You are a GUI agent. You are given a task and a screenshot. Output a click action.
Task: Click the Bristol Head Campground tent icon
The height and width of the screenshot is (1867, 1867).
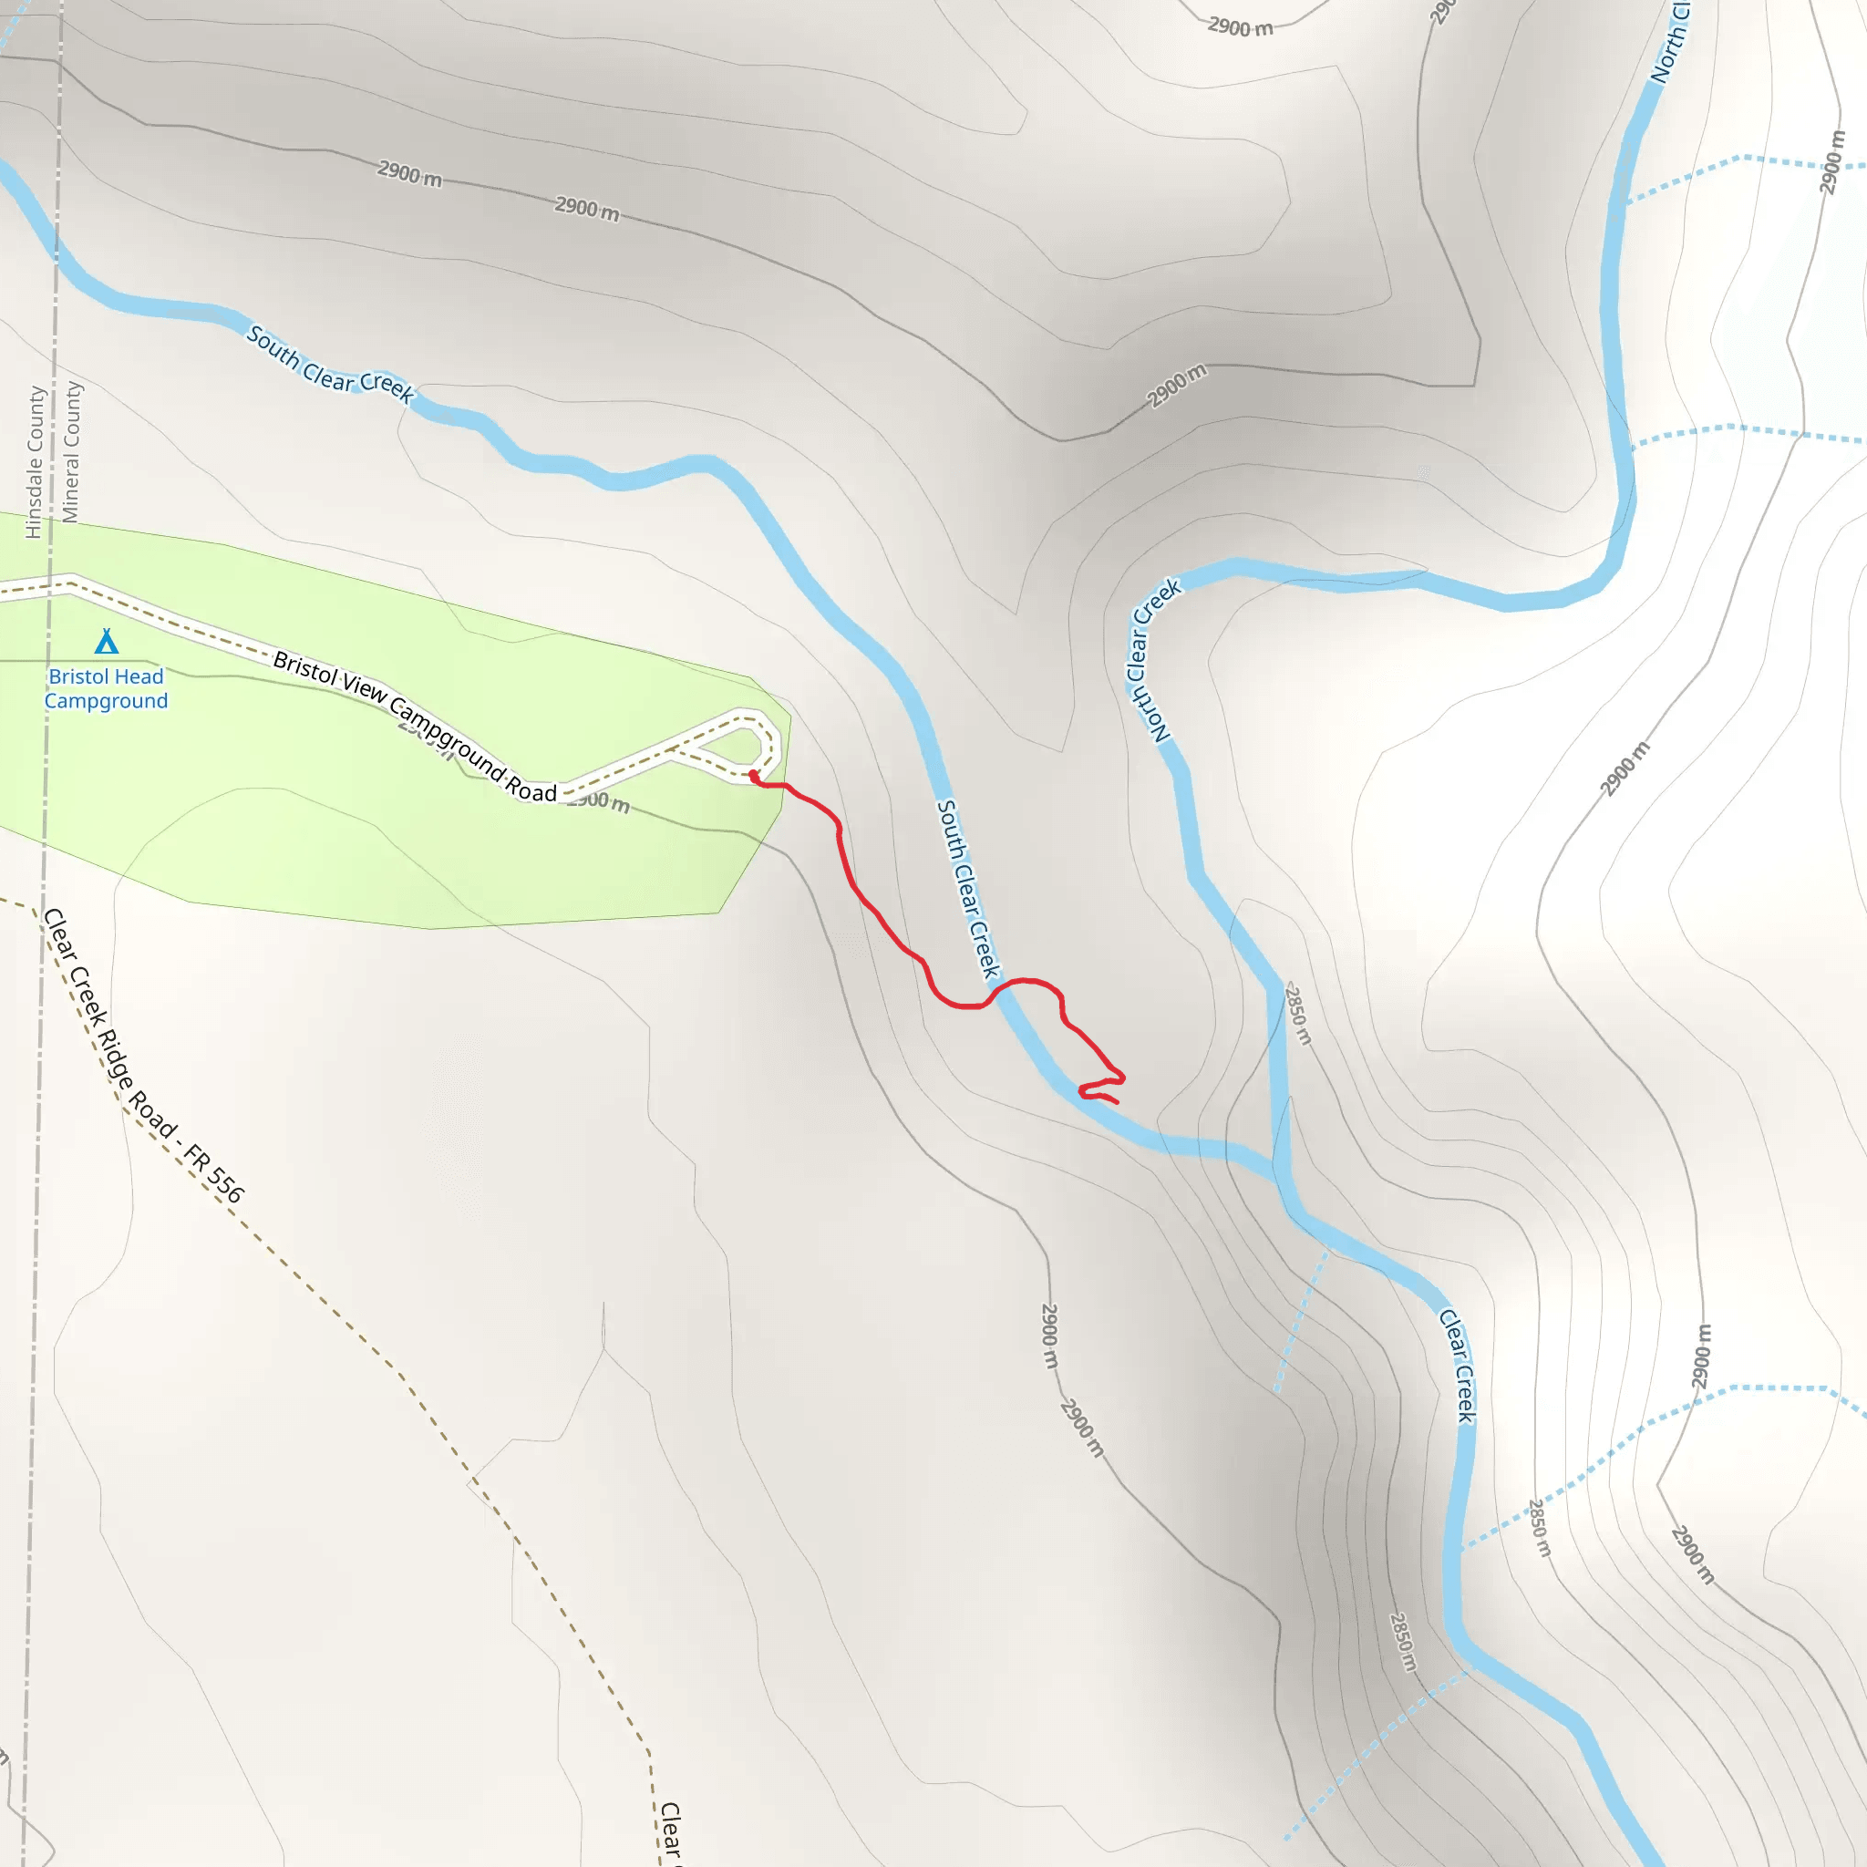[x=107, y=642]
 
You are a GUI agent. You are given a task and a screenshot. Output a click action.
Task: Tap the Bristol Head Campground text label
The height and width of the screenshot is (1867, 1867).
[x=107, y=688]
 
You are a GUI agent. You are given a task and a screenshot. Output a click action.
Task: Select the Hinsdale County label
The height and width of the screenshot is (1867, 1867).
[x=35, y=462]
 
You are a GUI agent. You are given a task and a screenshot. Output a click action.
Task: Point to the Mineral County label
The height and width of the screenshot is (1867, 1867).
[x=71, y=451]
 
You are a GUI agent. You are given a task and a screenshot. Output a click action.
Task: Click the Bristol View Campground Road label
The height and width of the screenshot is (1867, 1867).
[x=415, y=726]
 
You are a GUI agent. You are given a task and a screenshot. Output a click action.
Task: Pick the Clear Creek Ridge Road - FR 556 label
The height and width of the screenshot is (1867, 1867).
[x=143, y=1056]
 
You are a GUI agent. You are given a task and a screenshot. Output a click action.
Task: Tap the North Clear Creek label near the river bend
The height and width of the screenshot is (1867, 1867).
[x=1152, y=660]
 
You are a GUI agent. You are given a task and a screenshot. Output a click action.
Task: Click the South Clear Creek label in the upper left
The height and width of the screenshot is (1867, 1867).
[x=329, y=365]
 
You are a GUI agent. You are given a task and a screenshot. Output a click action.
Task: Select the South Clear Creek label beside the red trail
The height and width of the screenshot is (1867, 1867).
[x=967, y=889]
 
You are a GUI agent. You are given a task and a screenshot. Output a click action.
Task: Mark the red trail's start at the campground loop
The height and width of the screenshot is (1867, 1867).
[x=753, y=774]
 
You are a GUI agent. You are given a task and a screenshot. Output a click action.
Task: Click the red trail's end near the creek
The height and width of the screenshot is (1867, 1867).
[x=1117, y=1101]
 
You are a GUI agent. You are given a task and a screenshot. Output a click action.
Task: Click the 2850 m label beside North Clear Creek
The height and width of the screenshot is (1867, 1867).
[x=1298, y=1014]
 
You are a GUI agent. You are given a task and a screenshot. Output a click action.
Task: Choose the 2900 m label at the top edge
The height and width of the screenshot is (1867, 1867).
[x=1240, y=27]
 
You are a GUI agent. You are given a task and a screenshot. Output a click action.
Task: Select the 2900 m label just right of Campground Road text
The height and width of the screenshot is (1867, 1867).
[x=599, y=801]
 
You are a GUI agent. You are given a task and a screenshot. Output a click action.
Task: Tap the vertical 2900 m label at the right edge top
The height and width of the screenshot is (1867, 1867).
[x=1832, y=161]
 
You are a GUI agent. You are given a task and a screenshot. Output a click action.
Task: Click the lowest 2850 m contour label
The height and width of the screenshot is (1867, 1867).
[x=1403, y=1642]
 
